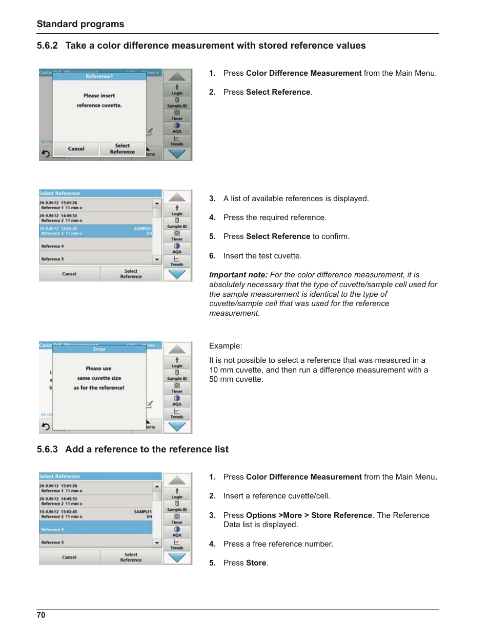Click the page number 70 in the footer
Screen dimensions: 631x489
pyautogui.click(x=41, y=615)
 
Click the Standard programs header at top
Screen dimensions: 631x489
pyautogui.click(x=80, y=24)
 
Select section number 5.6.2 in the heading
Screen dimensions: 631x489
pyautogui.click(x=47, y=46)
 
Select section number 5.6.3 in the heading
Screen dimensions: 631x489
pyautogui.click(x=47, y=449)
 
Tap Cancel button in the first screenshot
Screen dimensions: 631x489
pyautogui.click(x=76, y=149)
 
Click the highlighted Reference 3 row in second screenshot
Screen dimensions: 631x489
pyautogui.click(x=96, y=231)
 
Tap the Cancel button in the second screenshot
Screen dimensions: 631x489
pyautogui.click(x=69, y=274)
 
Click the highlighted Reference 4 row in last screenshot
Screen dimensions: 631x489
pyautogui.click(x=96, y=529)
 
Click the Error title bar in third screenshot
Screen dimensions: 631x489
pyautogui.click(x=99, y=350)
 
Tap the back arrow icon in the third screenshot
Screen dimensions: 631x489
pyautogui.click(x=46, y=426)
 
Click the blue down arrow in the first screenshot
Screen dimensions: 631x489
pyautogui.click(x=177, y=154)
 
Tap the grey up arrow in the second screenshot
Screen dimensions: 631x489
pyautogui.click(x=177, y=198)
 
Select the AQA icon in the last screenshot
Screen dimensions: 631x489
pyautogui.click(x=177, y=531)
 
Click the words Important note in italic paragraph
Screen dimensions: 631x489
pyautogui.click(x=238, y=275)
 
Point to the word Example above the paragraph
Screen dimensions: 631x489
pyautogui.click(x=226, y=346)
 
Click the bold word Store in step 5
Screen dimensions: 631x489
pyautogui.click(x=256, y=563)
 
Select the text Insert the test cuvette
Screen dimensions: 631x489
pyautogui.click(x=262, y=256)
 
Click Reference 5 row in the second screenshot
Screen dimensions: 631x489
pyautogui.click(x=96, y=259)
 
